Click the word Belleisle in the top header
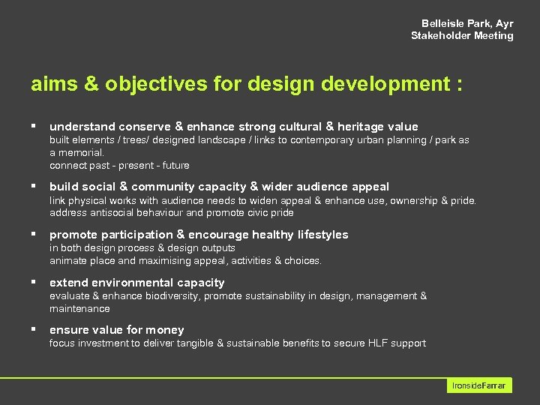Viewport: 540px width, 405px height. [442, 23]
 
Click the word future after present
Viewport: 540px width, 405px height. [175, 165]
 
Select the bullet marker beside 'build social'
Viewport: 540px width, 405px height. [34, 186]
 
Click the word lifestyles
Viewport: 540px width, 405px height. [322, 235]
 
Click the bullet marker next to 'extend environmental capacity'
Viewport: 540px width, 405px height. [34, 283]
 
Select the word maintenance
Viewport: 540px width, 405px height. [79, 308]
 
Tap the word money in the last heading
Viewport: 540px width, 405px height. [166, 330]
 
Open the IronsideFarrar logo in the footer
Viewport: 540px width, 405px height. [479, 385]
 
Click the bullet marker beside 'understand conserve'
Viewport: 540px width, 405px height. [34, 126]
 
